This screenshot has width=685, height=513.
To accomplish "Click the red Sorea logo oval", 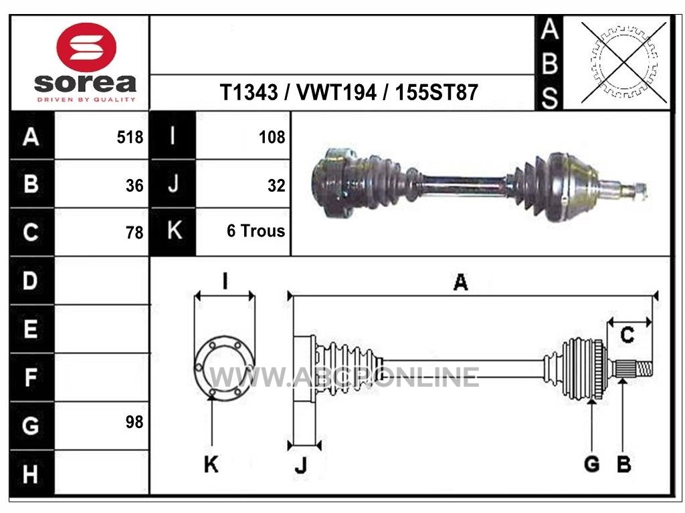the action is (86, 47).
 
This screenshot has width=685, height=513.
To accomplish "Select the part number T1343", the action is (249, 92).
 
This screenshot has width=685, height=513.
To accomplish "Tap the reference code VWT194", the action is (336, 92).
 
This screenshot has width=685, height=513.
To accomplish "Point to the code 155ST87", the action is (436, 92).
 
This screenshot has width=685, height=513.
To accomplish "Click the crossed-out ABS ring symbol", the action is (624, 62).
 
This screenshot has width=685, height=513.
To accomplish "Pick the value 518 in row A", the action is (130, 138).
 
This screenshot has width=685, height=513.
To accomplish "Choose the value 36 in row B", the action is (134, 186).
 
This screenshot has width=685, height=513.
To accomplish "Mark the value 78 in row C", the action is (134, 232).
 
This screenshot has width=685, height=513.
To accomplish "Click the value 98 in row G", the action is (134, 422).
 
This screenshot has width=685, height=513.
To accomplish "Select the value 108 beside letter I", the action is (272, 138).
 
